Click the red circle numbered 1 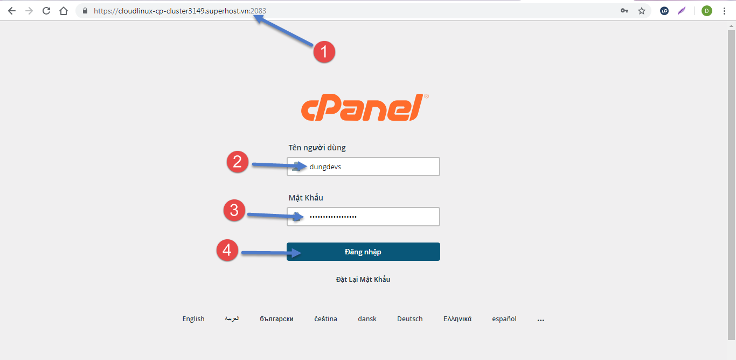pos(324,52)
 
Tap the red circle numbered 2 pos(238,162)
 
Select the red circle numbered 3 pos(234,210)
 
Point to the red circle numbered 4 pos(227,251)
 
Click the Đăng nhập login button pos(363,252)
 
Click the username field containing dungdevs pos(363,167)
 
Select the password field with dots pos(363,217)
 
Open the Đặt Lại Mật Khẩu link pos(363,280)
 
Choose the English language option pos(193,319)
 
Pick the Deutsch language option pos(409,319)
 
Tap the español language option pos(504,319)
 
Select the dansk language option pos(367,319)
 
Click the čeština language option pos(325,319)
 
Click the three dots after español pos(540,320)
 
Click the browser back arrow pos(12,11)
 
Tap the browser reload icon pos(46,11)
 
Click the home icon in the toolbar pos(64,11)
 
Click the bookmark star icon pos(642,11)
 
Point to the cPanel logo pos(365,107)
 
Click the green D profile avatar pos(707,11)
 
